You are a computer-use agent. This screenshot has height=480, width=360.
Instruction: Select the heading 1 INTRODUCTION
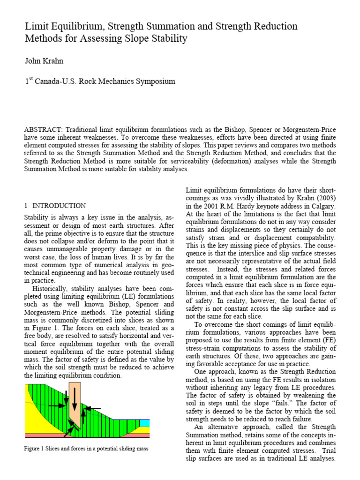tap(55, 205)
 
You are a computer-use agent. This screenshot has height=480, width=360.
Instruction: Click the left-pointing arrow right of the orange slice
tap(94, 395)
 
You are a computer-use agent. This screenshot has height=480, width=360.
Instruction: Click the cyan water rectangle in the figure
tap(144, 423)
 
